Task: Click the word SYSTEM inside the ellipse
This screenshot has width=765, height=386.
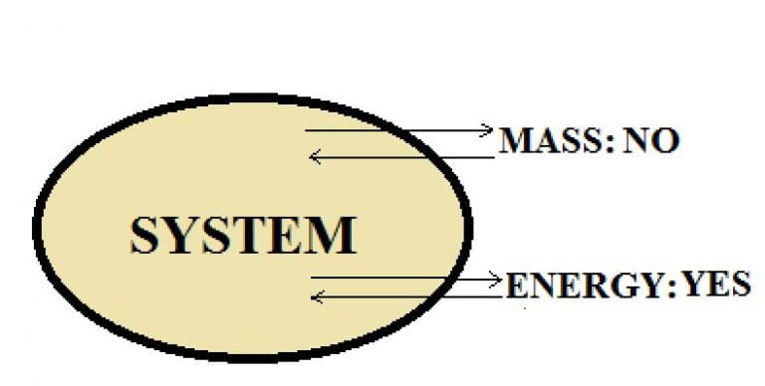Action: (x=243, y=236)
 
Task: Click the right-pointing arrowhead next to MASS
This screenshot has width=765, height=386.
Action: (x=487, y=129)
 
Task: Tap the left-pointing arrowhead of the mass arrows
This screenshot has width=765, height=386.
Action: (x=315, y=156)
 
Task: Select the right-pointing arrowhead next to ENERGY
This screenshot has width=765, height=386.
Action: (x=493, y=280)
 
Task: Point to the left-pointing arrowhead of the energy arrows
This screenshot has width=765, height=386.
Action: (x=317, y=295)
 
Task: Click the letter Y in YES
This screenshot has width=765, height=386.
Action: (x=692, y=286)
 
